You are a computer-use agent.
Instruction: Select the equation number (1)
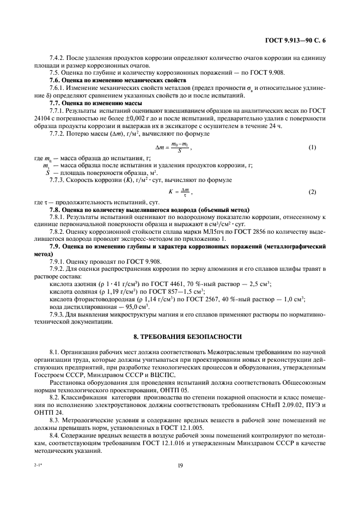(x=312, y=148)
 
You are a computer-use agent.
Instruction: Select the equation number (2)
(x=312, y=192)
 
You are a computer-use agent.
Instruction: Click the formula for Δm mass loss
(x=173, y=148)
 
